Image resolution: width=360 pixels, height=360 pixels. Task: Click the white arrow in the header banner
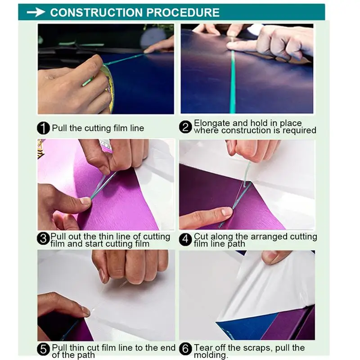[36, 12]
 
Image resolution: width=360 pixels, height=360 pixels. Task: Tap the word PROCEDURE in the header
[183, 13]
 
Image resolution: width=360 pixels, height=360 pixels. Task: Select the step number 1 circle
[43, 128]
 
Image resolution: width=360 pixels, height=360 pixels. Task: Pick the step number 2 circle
[185, 127]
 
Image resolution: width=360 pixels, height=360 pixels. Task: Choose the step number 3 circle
[43, 238]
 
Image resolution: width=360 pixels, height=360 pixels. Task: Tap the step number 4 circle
[185, 240]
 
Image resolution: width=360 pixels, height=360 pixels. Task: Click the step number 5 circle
[43, 349]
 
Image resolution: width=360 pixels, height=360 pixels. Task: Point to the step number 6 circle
[185, 349]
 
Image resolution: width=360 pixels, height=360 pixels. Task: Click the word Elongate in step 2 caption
[212, 123]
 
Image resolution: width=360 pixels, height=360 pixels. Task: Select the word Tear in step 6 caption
[203, 347]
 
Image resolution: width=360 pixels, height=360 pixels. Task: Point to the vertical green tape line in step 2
[233, 82]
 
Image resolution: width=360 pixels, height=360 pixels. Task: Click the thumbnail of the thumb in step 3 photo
[85, 201]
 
